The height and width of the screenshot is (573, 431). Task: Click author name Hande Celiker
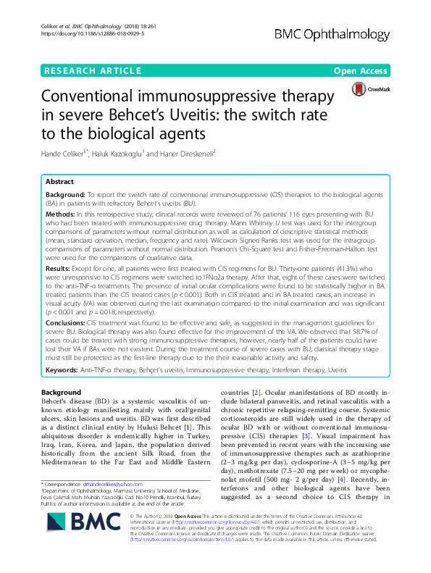click(x=64, y=154)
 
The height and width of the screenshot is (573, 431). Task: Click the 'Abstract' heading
click(x=60, y=183)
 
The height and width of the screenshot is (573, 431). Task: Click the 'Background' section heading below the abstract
click(x=61, y=392)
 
